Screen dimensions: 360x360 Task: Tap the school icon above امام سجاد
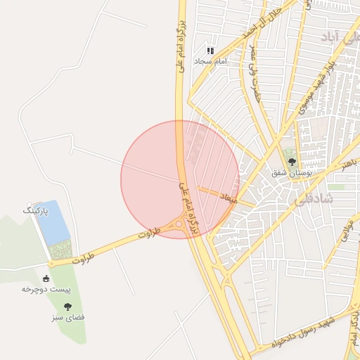(210, 51)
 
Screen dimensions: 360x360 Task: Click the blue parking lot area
(53, 221)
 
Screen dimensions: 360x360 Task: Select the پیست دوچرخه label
(47, 289)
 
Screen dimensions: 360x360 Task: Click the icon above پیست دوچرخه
(47, 278)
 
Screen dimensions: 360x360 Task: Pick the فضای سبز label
(68, 317)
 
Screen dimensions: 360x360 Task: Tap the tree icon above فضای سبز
(68, 307)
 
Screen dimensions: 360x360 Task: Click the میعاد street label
(227, 198)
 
